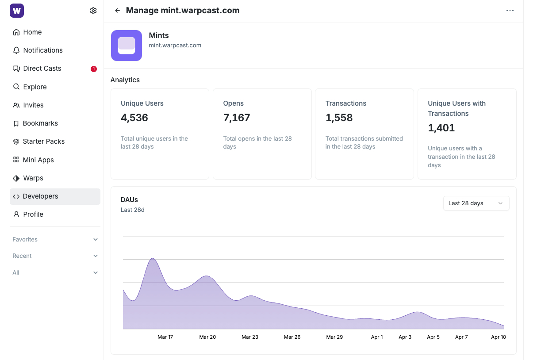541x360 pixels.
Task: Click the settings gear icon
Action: click(x=93, y=11)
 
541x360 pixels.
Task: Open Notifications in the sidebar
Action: click(x=43, y=50)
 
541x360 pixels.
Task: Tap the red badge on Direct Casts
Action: click(x=94, y=69)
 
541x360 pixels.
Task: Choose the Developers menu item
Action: click(x=40, y=196)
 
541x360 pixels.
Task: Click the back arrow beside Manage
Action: click(x=117, y=11)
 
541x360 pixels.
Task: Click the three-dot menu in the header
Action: click(x=510, y=11)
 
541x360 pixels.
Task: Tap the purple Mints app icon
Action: click(x=127, y=46)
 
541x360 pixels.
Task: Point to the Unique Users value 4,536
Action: click(x=134, y=118)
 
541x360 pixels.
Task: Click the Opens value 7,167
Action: click(x=237, y=118)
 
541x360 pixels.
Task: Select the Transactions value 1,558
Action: click(x=339, y=118)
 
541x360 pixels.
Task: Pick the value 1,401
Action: click(x=441, y=128)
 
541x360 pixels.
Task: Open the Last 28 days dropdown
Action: click(x=476, y=203)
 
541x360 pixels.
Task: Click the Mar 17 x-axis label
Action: click(x=165, y=337)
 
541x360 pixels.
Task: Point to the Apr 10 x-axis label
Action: click(x=499, y=337)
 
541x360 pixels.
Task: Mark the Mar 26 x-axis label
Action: click(x=292, y=337)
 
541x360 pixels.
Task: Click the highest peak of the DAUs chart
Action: click(x=153, y=258)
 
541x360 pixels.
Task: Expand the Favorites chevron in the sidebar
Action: click(x=96, y=240)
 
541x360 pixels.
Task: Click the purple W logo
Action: click(x=17, y=11)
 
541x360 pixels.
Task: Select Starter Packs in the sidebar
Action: click(x=44, y=142)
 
